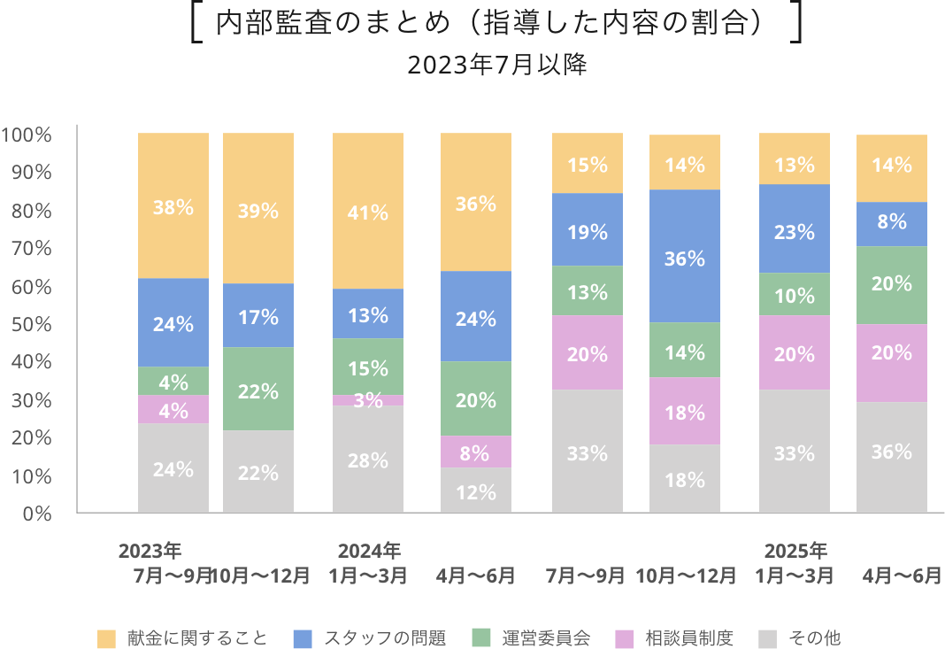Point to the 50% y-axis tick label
(30, 324)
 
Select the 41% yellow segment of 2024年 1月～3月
(368, 212)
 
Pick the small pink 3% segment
(368, 400)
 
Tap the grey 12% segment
(476, 491)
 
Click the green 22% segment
(258, 390)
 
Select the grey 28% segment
(368, 460)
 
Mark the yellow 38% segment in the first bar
(173, 206)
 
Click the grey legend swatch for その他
(769, 637)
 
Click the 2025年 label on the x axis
(795, 551)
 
